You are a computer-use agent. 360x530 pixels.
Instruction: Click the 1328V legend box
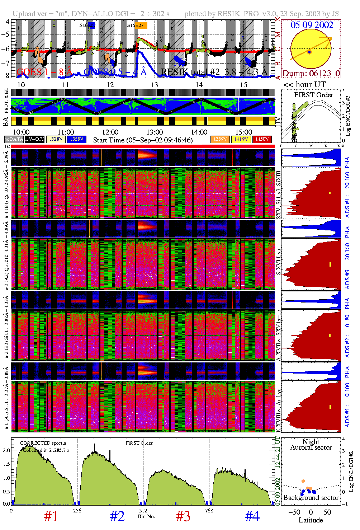click(56, 139)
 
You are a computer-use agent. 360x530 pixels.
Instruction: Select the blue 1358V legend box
click(77, 139)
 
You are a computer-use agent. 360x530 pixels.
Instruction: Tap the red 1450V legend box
click(262, 139)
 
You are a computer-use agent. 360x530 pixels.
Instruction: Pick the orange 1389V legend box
click(220, 139)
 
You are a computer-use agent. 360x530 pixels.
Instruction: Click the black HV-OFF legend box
click(35, 139)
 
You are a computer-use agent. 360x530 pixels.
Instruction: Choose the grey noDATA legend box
click(14, 139)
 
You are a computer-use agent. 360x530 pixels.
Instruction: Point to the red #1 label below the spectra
click(51, 516)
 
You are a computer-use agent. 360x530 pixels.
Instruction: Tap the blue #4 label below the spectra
click(252, 516)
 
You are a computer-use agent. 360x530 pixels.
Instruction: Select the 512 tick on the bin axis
click(143, 511)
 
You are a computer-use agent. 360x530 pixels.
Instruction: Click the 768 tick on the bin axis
click(209, 511)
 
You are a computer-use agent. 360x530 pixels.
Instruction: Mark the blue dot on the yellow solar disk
click(309, 52)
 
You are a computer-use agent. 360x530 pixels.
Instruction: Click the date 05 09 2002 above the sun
click(312, 25)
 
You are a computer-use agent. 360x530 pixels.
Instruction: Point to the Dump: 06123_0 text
click(311, 74)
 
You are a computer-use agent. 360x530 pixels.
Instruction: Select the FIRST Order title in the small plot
click(313, 95)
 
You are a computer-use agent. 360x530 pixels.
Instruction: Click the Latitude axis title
click(311, 520)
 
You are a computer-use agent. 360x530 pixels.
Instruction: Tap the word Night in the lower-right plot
click(311, 442)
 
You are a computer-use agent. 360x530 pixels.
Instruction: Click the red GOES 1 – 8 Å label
click(44, 72)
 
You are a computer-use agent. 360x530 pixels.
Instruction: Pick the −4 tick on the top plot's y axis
click(5, 21)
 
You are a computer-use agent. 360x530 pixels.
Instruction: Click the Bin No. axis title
click(146, 516)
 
